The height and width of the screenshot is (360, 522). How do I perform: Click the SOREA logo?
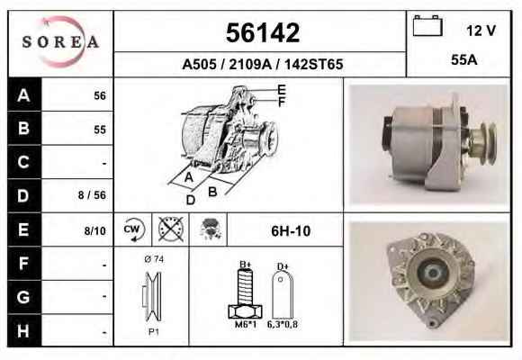(x=60, y=42)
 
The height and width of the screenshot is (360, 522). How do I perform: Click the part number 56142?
(x=263, y=32)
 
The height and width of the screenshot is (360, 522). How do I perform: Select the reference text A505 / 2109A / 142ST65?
(x=262, y=64)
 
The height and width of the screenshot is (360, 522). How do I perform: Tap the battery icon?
(x=427, y=25)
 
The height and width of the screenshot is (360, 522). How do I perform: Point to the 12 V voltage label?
(x=481, y=31)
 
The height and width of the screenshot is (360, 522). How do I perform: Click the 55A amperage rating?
(x=464, y=60)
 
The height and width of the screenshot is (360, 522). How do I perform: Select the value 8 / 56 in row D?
(x=92, y=195)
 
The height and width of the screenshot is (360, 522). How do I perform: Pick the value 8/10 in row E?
(x=94, y=230)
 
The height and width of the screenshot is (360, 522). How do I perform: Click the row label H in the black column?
(x=23, y=331)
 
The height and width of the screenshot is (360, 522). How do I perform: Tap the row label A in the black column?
(x=23, y=95)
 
